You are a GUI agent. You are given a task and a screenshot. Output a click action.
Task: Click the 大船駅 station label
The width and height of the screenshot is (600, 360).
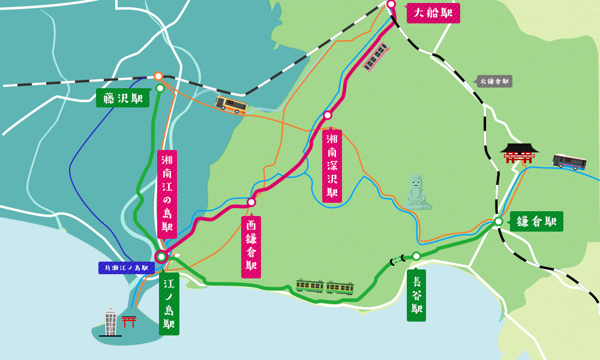(x=433, y=13)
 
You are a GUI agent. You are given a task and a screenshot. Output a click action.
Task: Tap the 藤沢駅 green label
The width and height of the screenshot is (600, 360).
(x=123, y=98)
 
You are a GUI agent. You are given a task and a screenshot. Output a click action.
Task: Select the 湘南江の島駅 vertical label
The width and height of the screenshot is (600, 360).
(x=167, y=194)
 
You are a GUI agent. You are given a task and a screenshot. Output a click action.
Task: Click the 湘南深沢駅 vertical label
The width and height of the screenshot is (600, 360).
(x=332, y=166)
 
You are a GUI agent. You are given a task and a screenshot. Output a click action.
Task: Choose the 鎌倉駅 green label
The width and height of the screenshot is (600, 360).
(x=536, y=221)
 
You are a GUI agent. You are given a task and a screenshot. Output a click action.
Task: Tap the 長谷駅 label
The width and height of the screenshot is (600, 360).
(x=416, y=295)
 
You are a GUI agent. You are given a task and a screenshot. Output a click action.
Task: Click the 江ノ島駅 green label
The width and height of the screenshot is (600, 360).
(x=169, y=304)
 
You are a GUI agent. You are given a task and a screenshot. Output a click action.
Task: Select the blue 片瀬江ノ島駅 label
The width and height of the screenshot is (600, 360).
(x=126, y=268)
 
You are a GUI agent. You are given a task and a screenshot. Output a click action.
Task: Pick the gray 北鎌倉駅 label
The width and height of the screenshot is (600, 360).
(x=494, y=82)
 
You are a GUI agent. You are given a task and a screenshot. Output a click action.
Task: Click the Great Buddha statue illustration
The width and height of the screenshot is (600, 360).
(x=416, y=192)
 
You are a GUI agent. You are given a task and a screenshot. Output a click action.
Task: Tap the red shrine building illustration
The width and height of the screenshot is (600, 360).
(x=519, y=153)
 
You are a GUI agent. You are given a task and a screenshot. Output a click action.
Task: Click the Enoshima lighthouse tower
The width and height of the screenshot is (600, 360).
(x=110, y=321)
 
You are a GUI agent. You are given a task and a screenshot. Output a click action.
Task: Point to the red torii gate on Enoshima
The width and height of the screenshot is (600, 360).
(x=129, y=321)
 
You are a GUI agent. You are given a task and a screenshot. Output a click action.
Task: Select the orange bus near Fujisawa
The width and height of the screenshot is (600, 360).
(x=232, y=104)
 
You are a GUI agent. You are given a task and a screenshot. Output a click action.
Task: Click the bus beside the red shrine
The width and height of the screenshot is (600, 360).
(x=569, y=161)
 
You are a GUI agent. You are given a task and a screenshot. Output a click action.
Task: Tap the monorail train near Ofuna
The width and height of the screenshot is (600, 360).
(x=376, y=57)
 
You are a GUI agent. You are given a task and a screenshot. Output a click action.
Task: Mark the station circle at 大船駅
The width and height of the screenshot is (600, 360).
(x=391, y=4)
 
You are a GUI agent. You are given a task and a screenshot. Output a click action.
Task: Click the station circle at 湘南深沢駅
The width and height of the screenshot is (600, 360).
(x=328, y=115)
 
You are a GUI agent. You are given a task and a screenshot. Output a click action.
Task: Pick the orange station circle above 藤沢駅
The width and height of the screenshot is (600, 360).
(x=158, y=76)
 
